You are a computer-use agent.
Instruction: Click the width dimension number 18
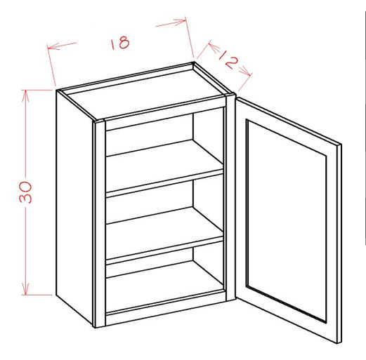(120, 42)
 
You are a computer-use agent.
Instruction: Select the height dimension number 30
(25, 192)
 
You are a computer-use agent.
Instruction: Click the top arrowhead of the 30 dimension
(25, 96)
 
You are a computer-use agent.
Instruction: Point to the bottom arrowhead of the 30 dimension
(25, 289)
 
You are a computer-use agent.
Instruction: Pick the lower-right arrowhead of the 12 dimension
(246, 71)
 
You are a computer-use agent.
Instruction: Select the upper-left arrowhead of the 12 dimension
(214, 47)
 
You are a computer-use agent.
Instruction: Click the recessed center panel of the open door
(286, 221)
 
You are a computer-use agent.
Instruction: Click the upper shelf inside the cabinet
(164, 161)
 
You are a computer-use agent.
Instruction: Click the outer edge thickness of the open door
(339, 244)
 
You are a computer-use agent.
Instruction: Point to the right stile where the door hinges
(231, 198)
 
